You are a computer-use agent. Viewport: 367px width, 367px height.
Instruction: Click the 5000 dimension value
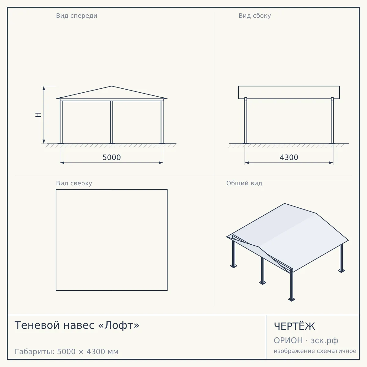112,158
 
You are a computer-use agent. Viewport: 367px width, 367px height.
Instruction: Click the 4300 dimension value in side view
289,158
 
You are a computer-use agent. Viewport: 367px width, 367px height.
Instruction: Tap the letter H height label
38,115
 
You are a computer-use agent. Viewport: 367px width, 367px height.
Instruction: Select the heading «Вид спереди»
76,16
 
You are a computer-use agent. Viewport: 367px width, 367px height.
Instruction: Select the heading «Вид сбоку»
255,16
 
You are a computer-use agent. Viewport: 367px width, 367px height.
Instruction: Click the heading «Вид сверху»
74,183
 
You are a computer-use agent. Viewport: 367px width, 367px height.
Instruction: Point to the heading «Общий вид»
244,183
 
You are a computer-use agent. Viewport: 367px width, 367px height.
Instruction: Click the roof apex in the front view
112,86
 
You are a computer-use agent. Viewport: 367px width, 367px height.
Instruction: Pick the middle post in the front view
112,122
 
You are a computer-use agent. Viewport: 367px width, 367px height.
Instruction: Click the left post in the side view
246,120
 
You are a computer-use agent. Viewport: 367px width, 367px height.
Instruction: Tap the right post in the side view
332,120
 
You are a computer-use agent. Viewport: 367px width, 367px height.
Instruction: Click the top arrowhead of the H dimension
44,88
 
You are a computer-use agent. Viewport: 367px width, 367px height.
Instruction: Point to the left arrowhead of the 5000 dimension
62,163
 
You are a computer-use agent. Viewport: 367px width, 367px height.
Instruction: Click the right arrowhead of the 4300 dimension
331,163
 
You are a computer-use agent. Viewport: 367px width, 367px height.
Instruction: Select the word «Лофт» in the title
119,325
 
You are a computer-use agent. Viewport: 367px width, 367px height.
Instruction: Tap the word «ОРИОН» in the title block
288,340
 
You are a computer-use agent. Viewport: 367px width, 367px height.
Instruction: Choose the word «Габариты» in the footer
35,352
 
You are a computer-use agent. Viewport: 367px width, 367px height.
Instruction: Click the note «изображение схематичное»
315,351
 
